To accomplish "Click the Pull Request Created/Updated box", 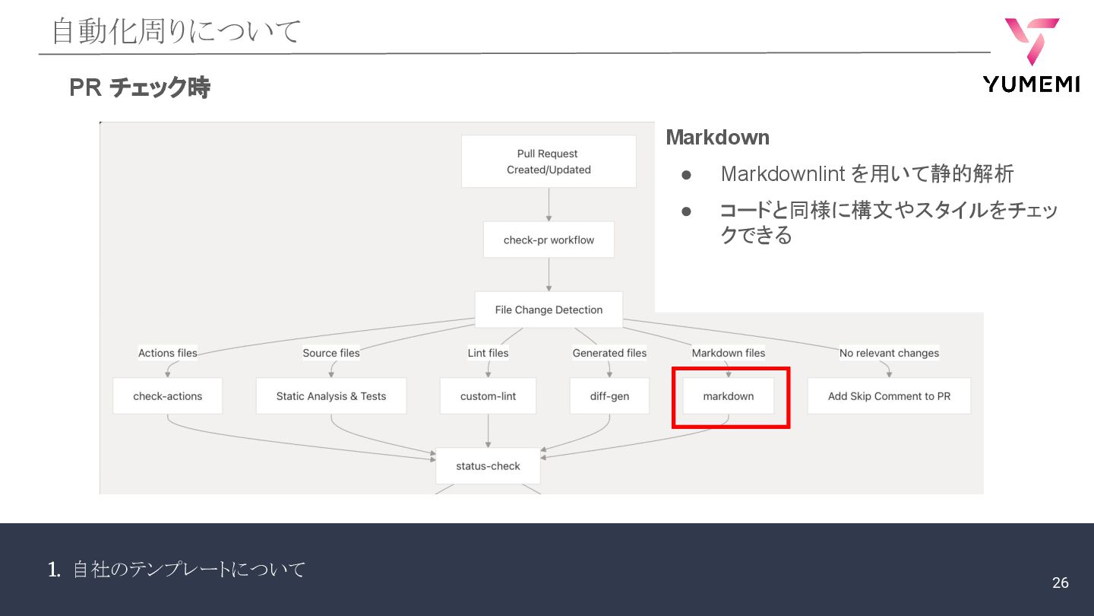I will [x=549, y=161].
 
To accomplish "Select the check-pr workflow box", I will [x=549, y=240].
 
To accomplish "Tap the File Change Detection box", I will [x=549, y=310].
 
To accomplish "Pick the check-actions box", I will [x=167, y=396].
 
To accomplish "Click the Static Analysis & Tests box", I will [x=330, y=396].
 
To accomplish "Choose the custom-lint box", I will [x=488, y=396].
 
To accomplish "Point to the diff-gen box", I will [x=609, y=396].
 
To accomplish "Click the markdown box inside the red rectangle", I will [x=729, y=396].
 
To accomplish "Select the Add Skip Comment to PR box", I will [x=889, y=396].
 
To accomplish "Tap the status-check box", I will [x=488, y=466].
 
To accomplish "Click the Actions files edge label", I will [x=167, y=353].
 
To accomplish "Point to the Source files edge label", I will [x=331, y=353].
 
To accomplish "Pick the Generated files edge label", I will [x=609, y=353].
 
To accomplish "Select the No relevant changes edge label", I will [x=889, y=353].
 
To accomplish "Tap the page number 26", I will [x=1060, y=583].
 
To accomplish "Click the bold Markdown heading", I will [x=717, y=138].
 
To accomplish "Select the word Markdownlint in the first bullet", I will [x=783, y=174].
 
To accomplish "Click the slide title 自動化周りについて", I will [x=176, y=32].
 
